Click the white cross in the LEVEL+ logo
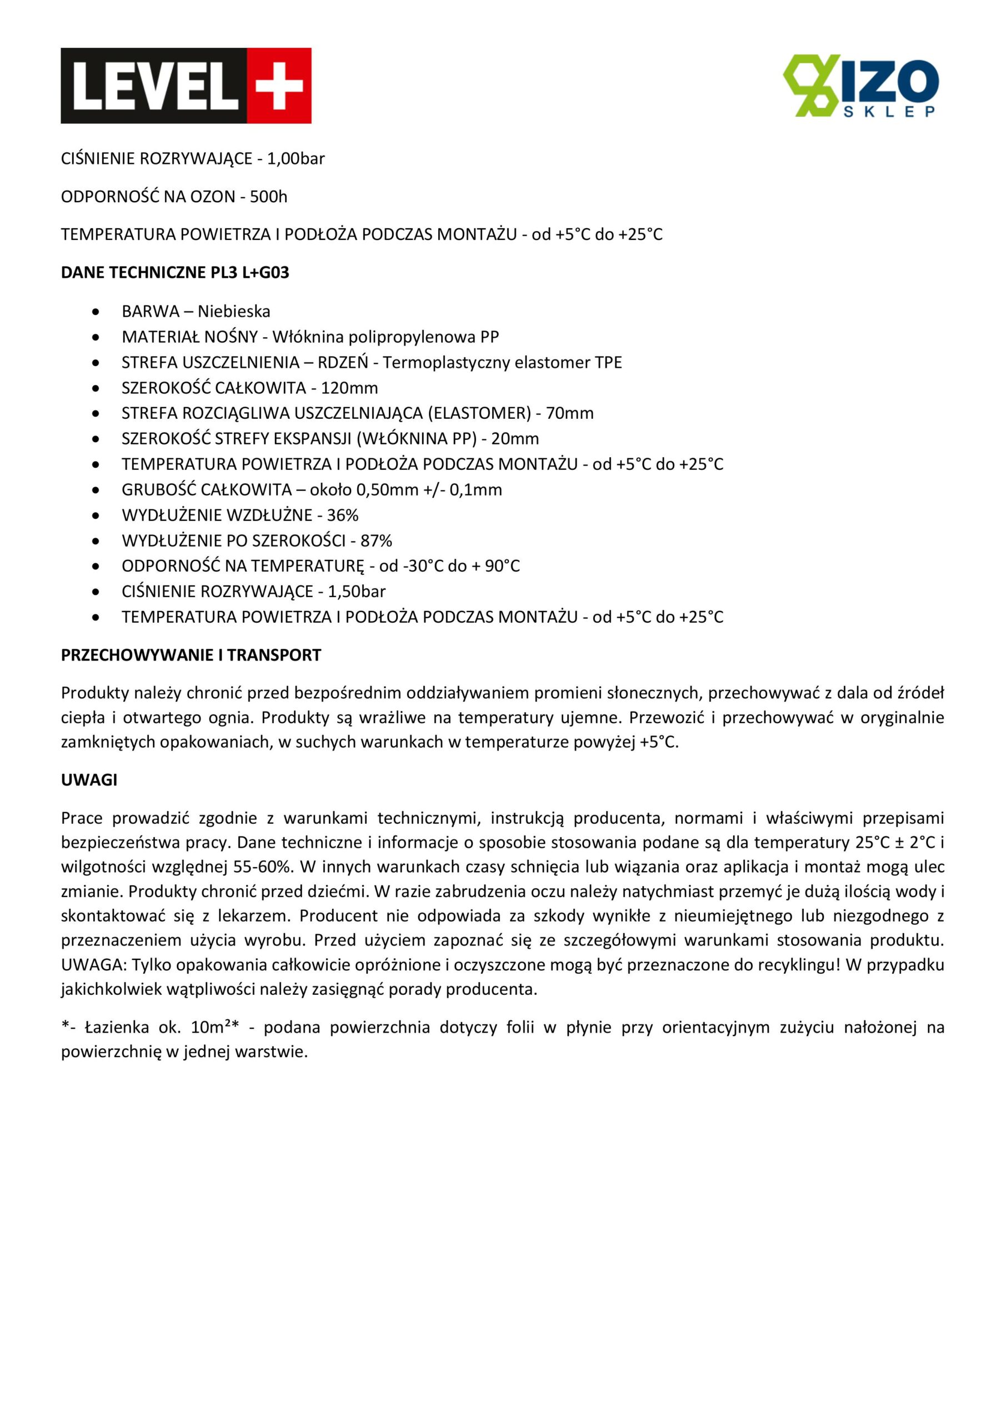tap(279, 86)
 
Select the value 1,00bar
tap(296, 159)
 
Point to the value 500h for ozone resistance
tap(268, 197)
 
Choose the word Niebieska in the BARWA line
tap(233, 312)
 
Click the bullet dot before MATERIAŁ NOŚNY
tap(96, 338)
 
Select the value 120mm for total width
tap(349, 388)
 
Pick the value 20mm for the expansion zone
tap(515, 439)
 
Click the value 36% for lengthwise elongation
tap(343, 515)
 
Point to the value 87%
tap(376, 541)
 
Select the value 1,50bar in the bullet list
tap(356, 592)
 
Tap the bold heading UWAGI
tap(89, 780)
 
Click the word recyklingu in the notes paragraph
tap(799, 965)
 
